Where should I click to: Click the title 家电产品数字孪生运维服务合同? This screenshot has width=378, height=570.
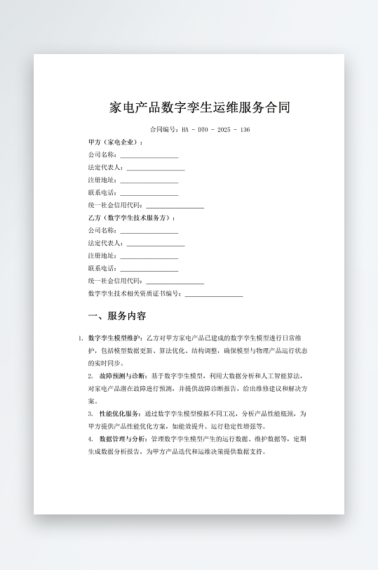pos(200,108)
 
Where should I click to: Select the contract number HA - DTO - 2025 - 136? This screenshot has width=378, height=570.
pos(215,130)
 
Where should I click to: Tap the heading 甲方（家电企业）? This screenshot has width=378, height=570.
pos(115,142)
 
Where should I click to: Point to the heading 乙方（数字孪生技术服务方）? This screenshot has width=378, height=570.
pos(131,218)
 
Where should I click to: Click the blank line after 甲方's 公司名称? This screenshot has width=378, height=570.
pos(149,156)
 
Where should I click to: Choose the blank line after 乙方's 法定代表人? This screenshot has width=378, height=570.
pos(155,244)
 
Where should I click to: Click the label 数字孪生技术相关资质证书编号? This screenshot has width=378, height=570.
pos(135,293)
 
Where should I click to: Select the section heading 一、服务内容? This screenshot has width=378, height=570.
pos(117,316)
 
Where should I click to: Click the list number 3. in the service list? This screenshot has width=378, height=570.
pos(90,413)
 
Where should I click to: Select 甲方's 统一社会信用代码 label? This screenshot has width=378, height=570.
pos(115,205)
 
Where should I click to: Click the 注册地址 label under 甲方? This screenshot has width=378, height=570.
pos(102,180)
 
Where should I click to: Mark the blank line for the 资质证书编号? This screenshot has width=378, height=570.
pos(213,295)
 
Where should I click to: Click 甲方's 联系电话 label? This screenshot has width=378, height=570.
pos(102,192)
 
